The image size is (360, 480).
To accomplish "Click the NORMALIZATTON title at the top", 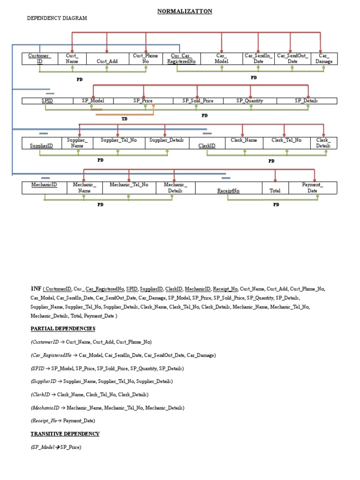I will point(185,11).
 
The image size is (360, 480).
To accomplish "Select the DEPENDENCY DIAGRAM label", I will point(57,18).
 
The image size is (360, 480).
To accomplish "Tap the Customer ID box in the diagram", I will point(39,58).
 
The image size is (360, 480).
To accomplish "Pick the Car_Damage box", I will point(324,58).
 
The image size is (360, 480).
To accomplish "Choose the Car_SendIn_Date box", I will point(257,58).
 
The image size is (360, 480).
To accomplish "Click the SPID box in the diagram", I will point(47,101).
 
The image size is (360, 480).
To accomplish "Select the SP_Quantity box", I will point(250,101).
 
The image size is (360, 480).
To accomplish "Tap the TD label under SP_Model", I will point(124,119).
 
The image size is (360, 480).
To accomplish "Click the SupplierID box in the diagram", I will point(41,145).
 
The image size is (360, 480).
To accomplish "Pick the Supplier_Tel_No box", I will point(119,140).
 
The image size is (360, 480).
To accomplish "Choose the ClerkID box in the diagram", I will point(207,146).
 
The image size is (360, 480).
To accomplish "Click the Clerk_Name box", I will point(244,140).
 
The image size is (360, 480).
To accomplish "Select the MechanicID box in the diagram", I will point(44,185).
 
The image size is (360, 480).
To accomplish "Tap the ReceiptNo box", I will point(228,191).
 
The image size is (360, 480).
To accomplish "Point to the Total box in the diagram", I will point(275,190).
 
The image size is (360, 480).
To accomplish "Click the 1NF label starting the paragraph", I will point(36,289).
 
